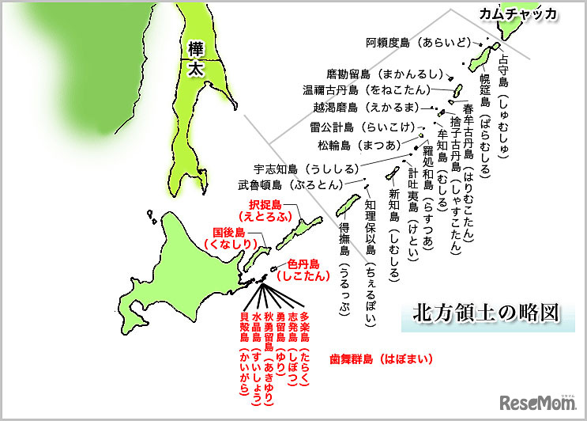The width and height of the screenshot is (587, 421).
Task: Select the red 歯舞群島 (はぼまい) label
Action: click(x=382, y=358)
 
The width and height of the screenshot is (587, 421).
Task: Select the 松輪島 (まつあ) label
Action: click(x=359, y=146)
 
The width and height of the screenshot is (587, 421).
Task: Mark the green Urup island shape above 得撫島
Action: click(x=344, y=207)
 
